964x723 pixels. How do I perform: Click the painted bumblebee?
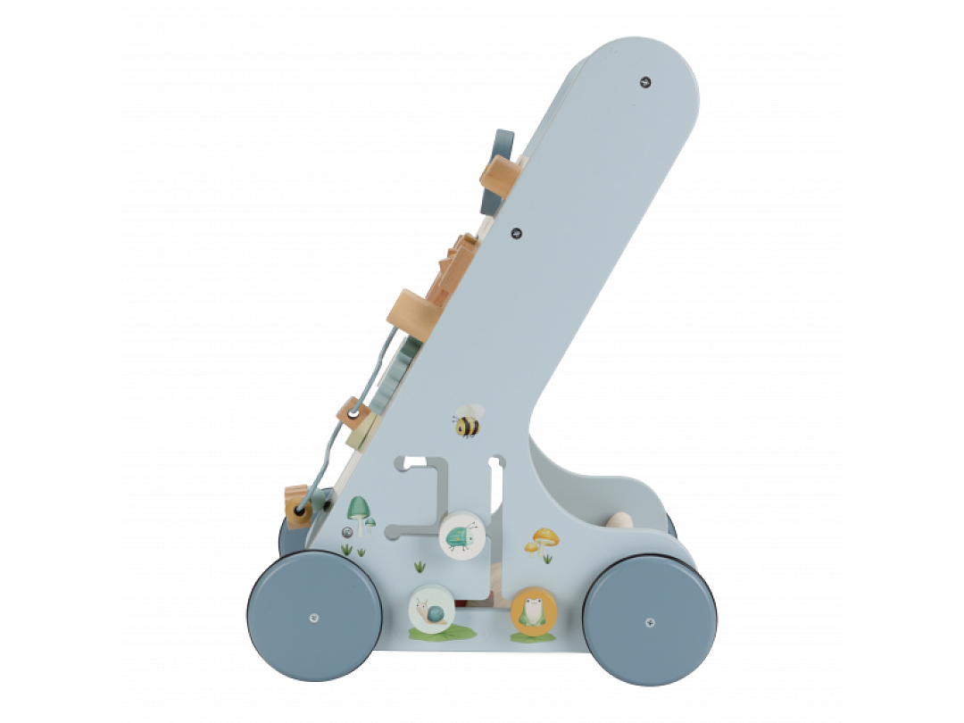click(467, 421)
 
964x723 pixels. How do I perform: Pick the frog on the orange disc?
click(534, 611)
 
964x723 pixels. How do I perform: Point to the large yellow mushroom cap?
click(544, 536)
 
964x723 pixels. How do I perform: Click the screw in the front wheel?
click(314, 617)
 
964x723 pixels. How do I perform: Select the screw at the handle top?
click(645, 81)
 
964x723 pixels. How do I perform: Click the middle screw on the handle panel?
click(516, 233)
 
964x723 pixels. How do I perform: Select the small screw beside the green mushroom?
click(346, 532)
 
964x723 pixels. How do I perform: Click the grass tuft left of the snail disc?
click(418, 565)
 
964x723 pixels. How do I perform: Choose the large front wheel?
click(315, 617)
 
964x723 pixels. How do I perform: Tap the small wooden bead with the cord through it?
click(353, 413)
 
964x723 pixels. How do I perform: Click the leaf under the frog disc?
click(533, 637)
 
